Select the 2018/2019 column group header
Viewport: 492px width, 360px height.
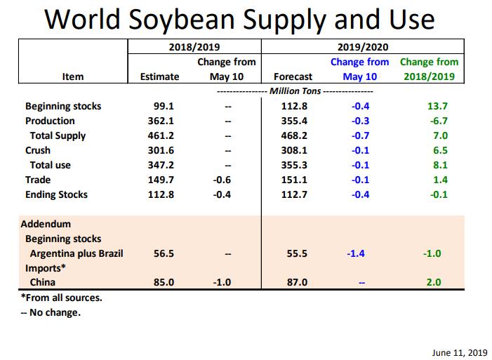[x=193, y=47]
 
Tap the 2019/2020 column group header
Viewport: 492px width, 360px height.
[x=362, y=47]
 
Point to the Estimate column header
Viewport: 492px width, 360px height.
[x=159, y=76]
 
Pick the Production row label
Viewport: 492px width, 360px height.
[x=50, y=121]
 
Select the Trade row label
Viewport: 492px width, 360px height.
[x=39, y=180]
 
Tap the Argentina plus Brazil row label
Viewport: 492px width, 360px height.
[x=77, y=253]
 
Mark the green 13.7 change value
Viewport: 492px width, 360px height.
[x=437, y=106]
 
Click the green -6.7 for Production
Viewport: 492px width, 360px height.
[x=437, y=121]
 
